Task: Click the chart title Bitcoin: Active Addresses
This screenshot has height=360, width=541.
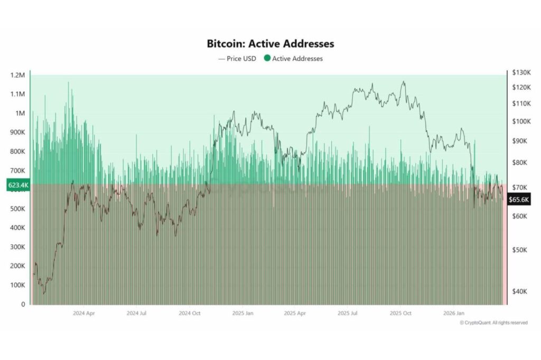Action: click(270, 44)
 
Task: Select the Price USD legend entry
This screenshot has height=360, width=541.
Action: click(237, 59)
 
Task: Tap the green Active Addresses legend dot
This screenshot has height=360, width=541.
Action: click(267, 59)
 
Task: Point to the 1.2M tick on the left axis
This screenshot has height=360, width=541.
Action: click(18, 75)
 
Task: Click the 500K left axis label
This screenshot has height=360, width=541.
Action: click(17, 209)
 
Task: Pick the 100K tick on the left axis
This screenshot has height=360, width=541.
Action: click(17, 285)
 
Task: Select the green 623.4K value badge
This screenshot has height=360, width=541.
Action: click(17, 185)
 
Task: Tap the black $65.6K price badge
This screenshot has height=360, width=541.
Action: click(518, 200)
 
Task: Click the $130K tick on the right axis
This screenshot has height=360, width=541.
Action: click(518, 72)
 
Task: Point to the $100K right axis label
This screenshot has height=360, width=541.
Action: click(518, 121)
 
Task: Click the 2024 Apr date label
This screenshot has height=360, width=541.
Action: click(83, 313)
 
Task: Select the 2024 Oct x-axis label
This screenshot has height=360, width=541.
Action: click(189, 313)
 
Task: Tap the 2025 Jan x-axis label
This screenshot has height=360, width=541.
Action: click(242, 313)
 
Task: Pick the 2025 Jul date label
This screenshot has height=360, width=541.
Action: click(348, 313)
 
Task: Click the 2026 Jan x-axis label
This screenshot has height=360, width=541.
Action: click(453, 313)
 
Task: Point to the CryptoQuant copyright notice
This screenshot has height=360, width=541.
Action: click(493, 323)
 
